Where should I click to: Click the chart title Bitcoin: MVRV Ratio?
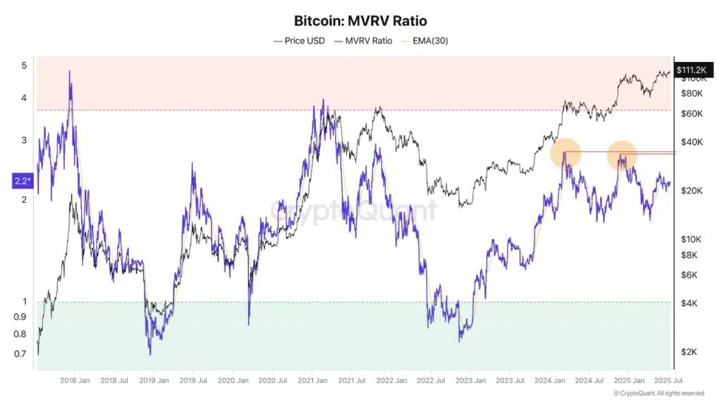(360, 21)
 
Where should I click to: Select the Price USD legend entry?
(300, 41)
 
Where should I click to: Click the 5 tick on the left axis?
(23, 66)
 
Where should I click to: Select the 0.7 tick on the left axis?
(21, 353)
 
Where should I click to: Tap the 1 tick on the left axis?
(23, 301)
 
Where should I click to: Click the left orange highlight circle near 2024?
(565, 153)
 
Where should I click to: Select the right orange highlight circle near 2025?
(622, 154)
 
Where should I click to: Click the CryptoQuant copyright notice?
(658, 393)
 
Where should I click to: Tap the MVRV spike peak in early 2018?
(69, 71)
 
